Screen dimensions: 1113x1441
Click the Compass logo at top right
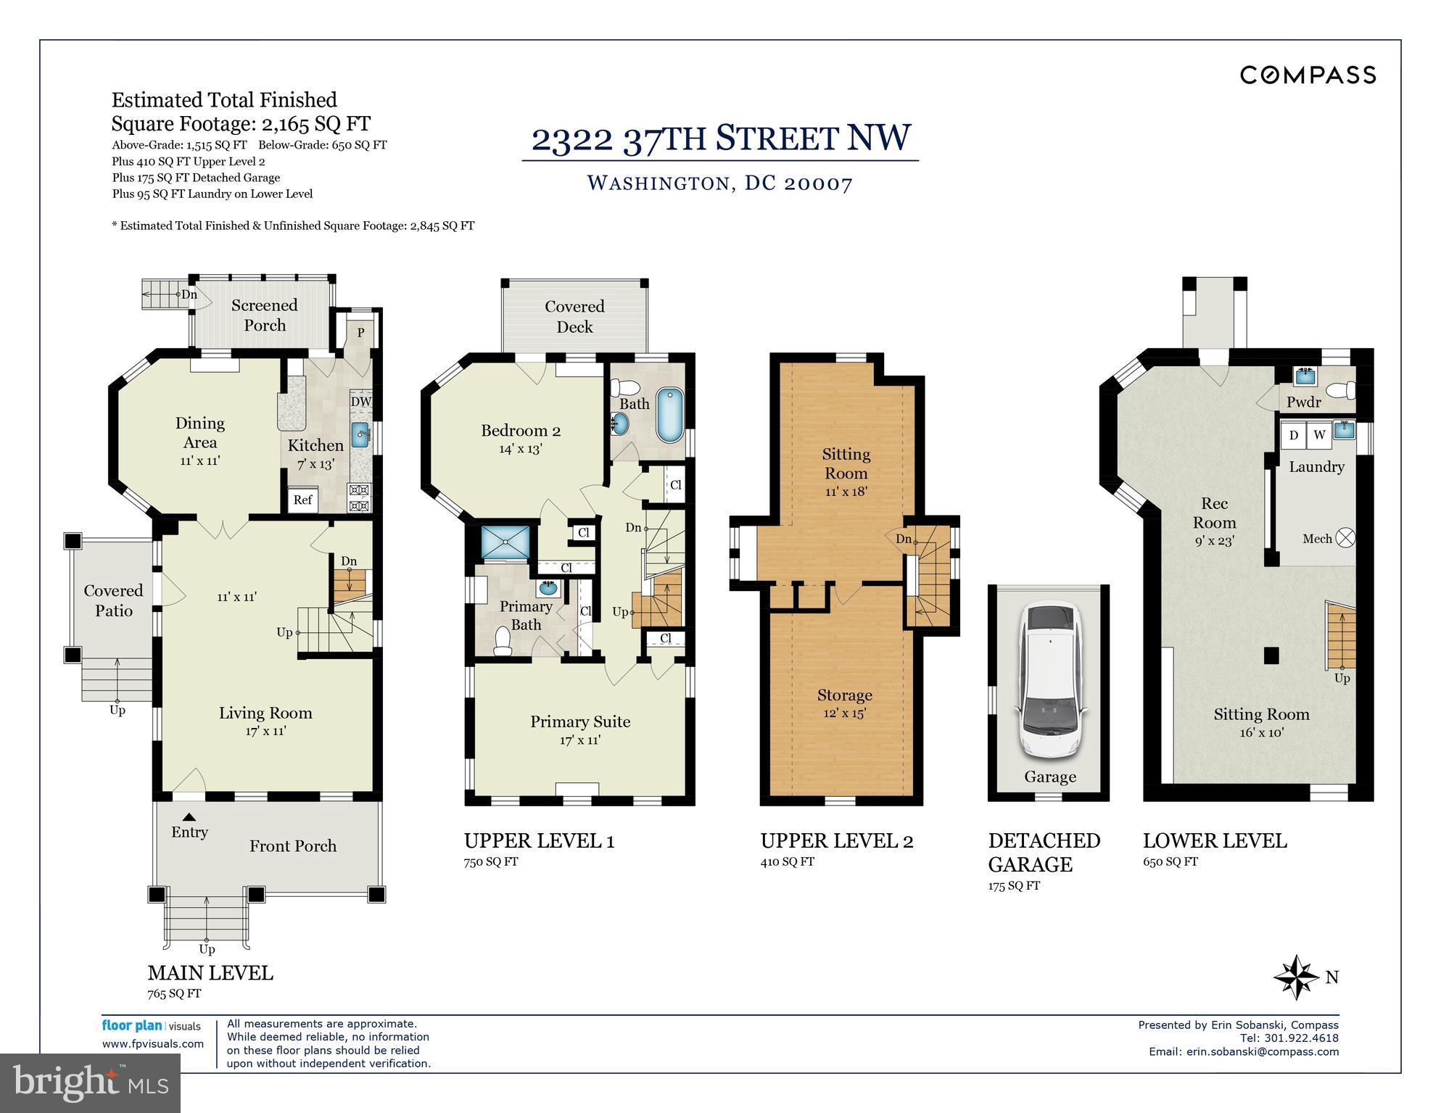click(x=1308, y=75)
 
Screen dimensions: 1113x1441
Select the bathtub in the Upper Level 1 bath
click(x=670, y=415)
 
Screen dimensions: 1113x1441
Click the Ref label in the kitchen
click(x=302, y=500)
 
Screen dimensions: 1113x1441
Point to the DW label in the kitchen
click(x=360, y=402)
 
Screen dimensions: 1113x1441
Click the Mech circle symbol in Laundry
click(x=1345, y=538)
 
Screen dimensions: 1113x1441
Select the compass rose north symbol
click(x=1296, y=977)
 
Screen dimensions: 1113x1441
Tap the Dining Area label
click(x=199, y=433)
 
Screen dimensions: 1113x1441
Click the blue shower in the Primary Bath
click(x=505, y=542)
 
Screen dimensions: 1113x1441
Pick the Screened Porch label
click(x=264, y=315)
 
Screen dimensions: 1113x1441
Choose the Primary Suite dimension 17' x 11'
click(x=579, y=740)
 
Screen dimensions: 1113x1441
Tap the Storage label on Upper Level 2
click(x=844, y=695)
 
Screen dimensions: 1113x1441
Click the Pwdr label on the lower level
click(x=1303, y=402)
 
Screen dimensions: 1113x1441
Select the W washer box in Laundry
click(x=1319, y=435)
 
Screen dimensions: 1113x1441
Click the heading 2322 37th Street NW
click(x=720, y=138)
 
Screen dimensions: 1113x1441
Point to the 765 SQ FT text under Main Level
click(x=174, y=994)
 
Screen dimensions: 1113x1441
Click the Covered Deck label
click(x=574, y=317)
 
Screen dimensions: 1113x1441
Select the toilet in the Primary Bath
click(x=502, y=642)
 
